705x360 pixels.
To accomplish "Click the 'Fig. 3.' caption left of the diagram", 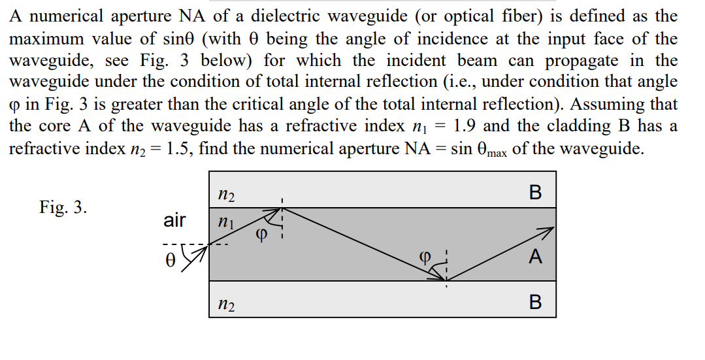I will click(63, 208).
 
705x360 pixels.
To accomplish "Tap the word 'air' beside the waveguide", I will click(174, 221).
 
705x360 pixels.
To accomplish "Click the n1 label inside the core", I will click(223, 223).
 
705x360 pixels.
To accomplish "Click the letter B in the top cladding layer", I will click(535, 192).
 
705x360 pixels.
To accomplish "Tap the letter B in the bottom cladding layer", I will click(535, 303).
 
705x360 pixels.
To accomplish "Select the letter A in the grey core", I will click(535, 257).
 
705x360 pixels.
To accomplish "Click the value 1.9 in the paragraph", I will click(468, 125).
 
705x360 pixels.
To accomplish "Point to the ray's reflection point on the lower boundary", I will click(446, 281).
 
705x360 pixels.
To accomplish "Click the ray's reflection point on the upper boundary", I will click(282, 208).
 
